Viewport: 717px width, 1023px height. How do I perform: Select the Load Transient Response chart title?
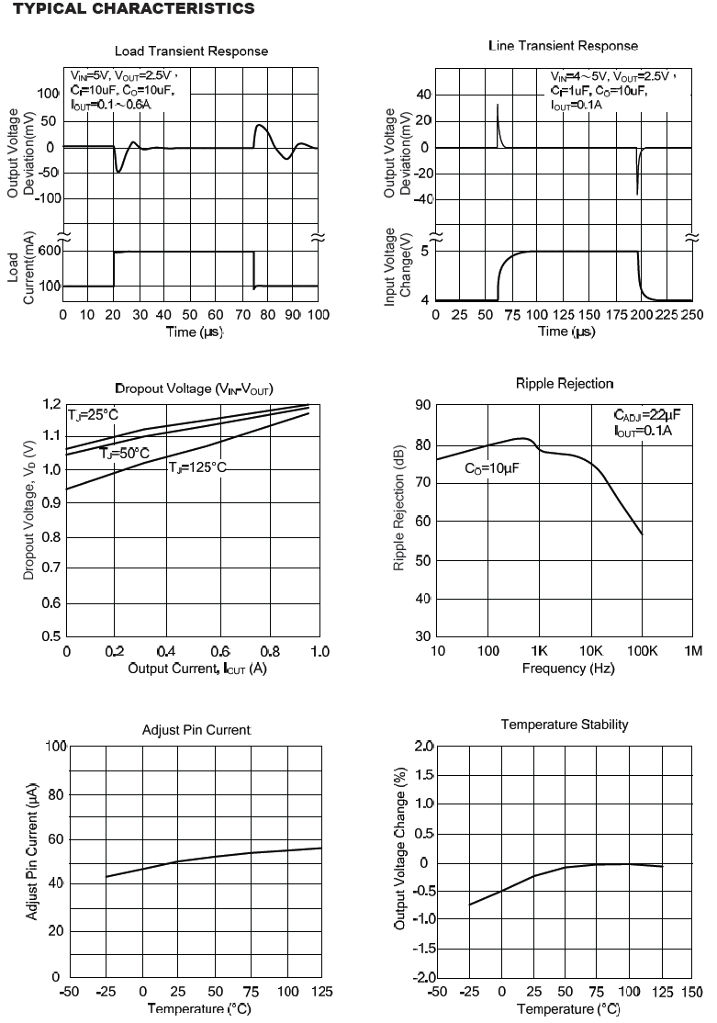(x=191, y=51)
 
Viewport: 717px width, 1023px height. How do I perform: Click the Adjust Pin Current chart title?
(x=196, y=730)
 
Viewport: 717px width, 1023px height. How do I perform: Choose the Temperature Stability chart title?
(x=565, y=725)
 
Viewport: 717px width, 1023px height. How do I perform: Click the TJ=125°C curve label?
(x=196, y=467)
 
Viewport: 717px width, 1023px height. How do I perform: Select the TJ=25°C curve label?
(x=93, y=415)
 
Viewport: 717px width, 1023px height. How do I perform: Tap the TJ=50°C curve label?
(x=124, y=453)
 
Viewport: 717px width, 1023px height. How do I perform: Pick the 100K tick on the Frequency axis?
(x=642, y=651)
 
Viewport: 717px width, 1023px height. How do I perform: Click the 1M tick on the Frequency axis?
(x=693, y=651)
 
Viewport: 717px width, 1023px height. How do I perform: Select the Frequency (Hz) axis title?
(x=568, y=668)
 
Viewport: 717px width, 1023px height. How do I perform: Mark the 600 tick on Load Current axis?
(x=49, y=252)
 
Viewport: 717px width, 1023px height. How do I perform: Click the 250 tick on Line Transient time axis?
(x=691, y=315)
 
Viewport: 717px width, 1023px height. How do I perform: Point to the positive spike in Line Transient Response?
(x=498, y=118)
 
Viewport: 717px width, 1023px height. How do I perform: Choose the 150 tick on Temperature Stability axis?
(x=691, y=993)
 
